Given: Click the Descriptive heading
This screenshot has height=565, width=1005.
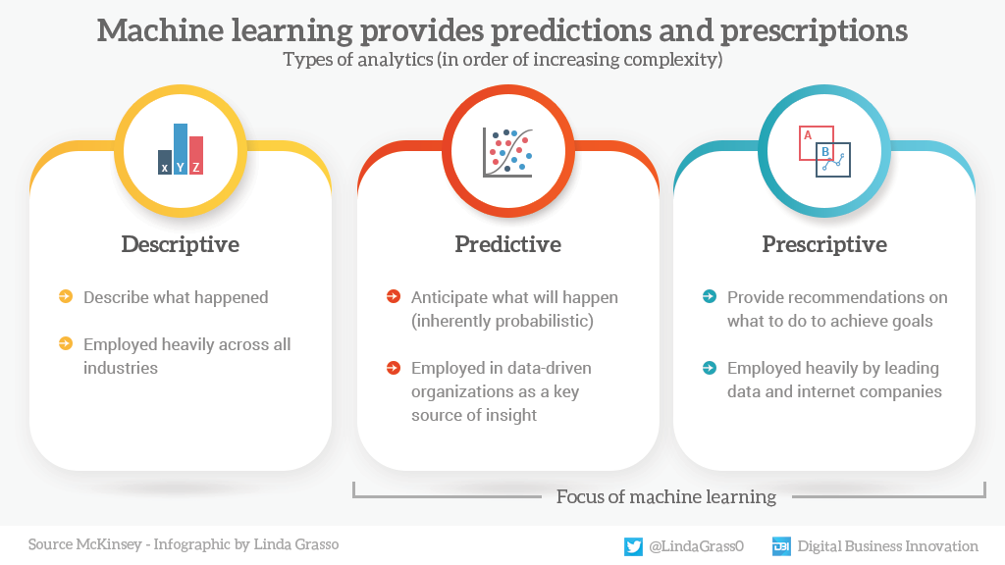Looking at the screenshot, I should tap(180, 244).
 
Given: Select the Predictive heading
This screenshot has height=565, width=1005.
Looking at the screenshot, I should tap(507, 244).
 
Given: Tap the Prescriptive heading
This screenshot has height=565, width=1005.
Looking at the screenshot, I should tap(824, 244).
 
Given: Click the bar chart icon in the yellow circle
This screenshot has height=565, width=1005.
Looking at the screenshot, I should tap(181, 150).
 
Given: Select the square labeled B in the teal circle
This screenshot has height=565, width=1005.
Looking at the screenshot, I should tap(833, 159).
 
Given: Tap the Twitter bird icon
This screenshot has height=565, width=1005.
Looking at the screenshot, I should tap(634, 546).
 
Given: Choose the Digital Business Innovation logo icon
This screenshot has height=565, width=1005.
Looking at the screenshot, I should tap(781, 546).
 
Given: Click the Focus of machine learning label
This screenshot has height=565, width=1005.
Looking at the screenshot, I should tap(666, 496).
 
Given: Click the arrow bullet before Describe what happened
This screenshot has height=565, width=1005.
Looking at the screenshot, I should tap(66, 297).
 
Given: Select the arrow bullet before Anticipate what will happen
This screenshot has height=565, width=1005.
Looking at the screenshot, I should tap(394, 297).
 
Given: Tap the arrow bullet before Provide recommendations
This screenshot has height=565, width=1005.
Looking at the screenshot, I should tap(710, 297).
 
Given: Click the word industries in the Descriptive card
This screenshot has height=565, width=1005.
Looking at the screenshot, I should tap(121, 368).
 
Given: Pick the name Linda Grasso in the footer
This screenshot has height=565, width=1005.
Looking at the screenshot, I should tap(293, 544).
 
